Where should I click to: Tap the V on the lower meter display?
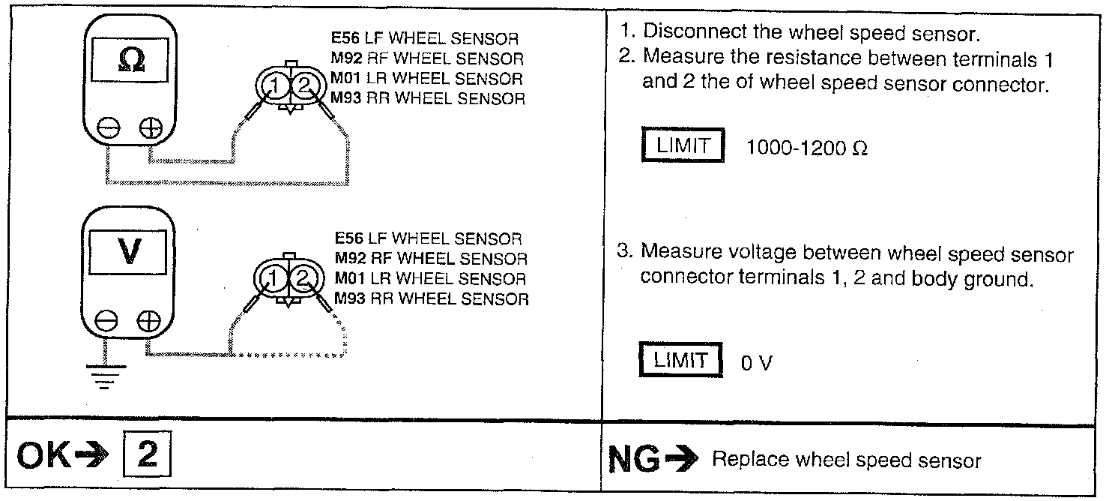tap(129, 253)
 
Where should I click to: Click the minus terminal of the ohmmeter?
tap(110, 129)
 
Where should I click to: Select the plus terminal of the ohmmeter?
tap(150, 129)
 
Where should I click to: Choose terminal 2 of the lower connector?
tap(303, 280)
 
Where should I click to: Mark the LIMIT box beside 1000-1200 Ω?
tap(683, 145)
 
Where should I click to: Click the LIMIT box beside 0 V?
tap(680, 360)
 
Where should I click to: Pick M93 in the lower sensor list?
tap(348, 298)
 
